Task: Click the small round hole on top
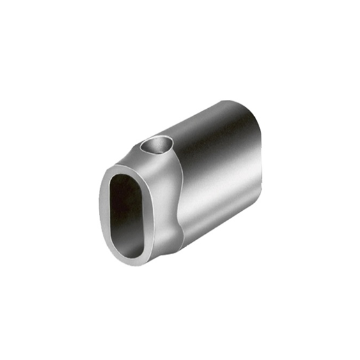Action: coord(157,146)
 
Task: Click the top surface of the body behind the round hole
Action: coord(193,123)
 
